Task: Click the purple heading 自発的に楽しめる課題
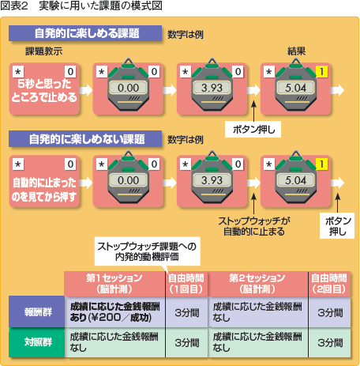coord(85,33)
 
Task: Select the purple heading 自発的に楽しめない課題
coord(85,139)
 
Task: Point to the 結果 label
coord(296,51)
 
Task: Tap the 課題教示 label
coord(44,51)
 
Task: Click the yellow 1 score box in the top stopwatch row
coord(321,71)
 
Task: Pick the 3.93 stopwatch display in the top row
coord(212,88)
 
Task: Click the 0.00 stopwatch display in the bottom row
coord(128,180)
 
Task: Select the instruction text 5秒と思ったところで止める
coord(44,90)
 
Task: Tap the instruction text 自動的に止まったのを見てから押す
coord(44,190)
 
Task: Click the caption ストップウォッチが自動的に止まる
coord(254,226)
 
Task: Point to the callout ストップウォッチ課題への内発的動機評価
coord(147,251)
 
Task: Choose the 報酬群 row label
coord(37,312)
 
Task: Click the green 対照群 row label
coord(37,342)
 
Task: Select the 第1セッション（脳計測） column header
coord(114,284)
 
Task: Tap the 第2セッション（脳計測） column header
coord(257,284)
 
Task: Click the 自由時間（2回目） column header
coord(329,284)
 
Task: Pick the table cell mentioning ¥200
coord(115,312)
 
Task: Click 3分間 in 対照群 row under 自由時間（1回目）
coord(187,342)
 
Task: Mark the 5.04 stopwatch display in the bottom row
coord(295,180)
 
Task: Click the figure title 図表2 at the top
coord(14,6)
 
